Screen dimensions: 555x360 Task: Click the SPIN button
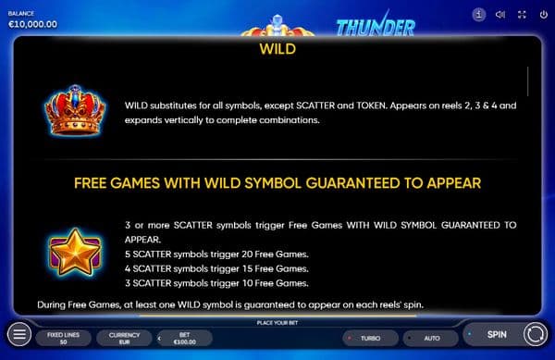point(496,334)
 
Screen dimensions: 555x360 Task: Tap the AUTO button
point(431,339)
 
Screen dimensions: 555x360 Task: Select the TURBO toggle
point(370,339)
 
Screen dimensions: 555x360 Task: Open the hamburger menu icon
point(19,334)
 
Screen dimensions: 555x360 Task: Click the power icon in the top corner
point(543,15)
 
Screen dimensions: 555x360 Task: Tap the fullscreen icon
point(522,15)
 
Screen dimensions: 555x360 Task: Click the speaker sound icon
point(500,15)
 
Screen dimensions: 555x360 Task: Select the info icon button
point(478,15)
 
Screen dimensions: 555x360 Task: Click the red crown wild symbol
point(75,110)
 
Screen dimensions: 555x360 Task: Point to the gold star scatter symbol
point(75,252)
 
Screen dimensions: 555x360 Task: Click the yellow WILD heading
point(277,49)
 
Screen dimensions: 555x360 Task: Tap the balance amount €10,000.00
point(32,24)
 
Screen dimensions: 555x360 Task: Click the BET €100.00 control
point(185,339)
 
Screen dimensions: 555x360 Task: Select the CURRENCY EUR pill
point(124,339)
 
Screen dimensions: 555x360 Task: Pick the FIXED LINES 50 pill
point(63,339)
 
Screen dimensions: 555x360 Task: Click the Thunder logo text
point(376,26)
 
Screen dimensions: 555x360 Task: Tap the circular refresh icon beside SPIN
point(536,334)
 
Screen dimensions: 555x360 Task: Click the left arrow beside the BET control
point(159,339)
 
